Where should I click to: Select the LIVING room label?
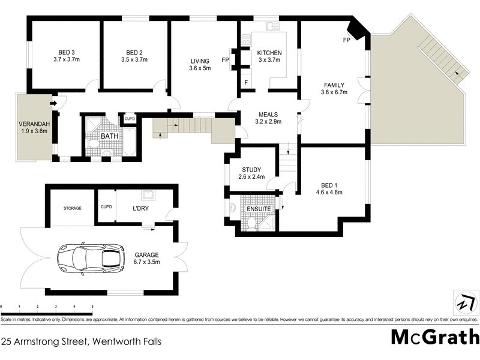(199, 61)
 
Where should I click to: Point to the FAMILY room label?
(334, 84)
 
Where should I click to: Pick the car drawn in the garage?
(91, 258)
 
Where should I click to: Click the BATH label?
(109, 136)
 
